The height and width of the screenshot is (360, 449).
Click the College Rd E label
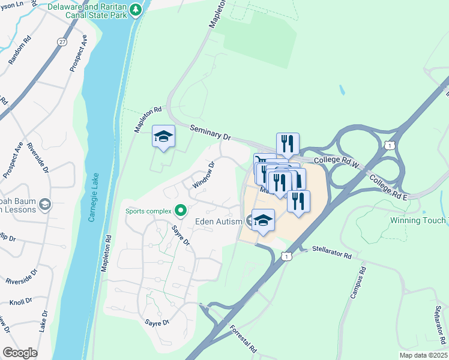point(388,188)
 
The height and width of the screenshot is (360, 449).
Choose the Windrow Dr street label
point(203,175)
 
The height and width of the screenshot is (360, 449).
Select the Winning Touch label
point(419,220)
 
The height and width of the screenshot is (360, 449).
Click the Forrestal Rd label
point(244,339)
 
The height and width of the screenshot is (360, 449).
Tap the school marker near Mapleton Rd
point(163,136)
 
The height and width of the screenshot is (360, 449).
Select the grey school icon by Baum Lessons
point(44,205)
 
